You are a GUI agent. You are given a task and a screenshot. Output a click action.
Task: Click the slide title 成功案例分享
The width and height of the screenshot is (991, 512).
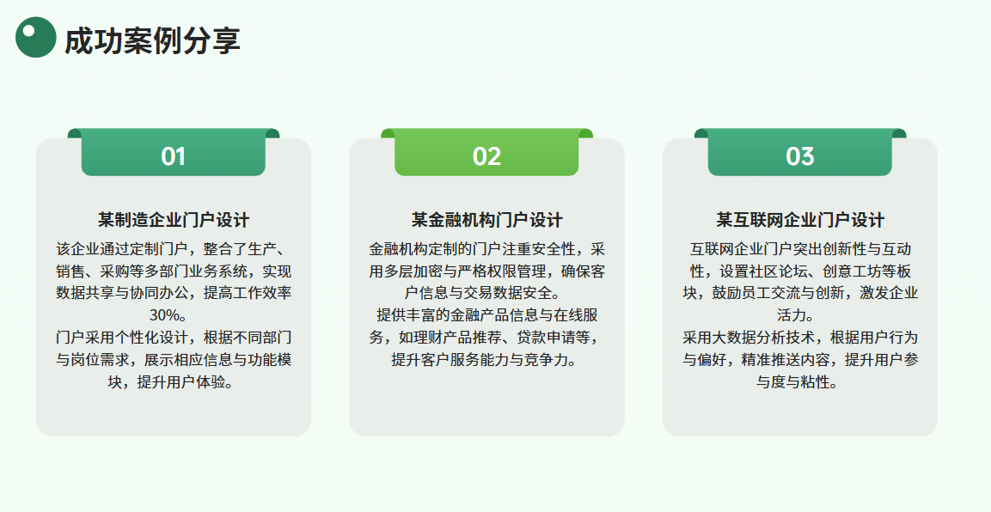(152, 40)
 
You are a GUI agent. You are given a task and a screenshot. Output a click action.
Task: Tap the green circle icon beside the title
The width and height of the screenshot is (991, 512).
(36, 37)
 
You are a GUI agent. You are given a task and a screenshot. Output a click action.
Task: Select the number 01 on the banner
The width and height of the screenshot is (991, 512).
(173, 156)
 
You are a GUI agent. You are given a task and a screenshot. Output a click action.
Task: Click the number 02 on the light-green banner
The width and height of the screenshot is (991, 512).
(486, 156)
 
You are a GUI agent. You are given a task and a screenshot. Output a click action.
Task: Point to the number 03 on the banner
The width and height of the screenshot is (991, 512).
(800, 156)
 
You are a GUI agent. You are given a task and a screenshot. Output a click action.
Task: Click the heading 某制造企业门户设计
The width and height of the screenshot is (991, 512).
(173, 220)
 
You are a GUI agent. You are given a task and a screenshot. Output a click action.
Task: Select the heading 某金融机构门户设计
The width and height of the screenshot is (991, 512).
(486, 220)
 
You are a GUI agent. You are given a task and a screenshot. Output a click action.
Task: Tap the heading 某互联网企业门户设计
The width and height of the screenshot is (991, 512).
(800, 220)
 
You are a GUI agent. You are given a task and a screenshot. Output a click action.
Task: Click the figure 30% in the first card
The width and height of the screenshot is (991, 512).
(164, 315)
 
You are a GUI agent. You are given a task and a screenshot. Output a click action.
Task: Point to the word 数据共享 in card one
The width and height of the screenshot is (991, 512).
(85, 293)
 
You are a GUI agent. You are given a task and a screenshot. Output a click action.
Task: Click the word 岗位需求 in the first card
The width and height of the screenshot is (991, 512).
(100, 359)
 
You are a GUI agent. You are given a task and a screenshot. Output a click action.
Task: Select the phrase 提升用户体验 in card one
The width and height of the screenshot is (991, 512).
(180, 381)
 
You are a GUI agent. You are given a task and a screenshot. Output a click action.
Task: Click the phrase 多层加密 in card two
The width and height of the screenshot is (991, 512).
(413, 271)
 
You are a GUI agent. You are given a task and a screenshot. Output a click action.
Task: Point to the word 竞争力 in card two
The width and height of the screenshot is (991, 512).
(547, 359)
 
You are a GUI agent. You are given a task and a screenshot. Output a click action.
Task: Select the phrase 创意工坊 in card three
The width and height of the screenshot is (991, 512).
(852, 271)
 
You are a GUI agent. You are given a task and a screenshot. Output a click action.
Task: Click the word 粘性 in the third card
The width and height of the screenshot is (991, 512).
(815, 381)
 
